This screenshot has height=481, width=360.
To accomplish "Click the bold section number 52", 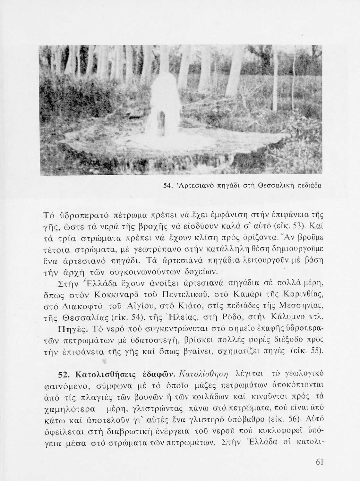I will click(64, 375).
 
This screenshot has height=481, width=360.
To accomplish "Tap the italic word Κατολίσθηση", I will click(204, 374).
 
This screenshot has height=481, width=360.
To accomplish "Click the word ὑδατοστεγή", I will click(150, 340).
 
